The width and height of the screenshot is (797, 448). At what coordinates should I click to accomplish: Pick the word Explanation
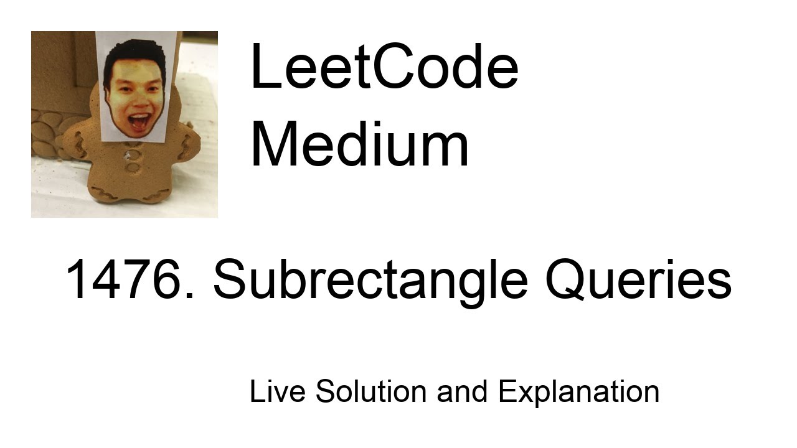click(578, 391)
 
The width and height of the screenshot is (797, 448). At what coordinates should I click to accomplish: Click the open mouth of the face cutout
click(139, 119)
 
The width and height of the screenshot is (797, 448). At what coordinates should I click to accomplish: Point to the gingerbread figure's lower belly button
click(133, 167)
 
